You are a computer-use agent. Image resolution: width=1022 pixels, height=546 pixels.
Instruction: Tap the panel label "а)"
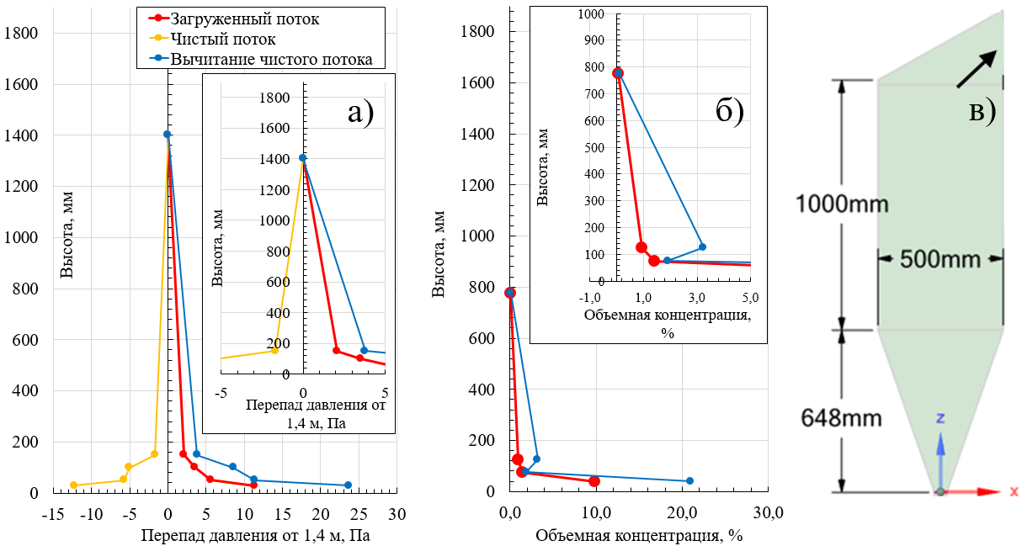359,111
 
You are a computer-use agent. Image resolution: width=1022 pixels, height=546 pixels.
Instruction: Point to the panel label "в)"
981,110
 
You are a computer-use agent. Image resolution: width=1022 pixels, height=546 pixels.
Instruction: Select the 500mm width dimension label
940,258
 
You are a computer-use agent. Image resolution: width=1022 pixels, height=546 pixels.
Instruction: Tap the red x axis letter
1013,491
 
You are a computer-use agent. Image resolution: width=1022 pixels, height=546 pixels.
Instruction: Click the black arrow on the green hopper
977,69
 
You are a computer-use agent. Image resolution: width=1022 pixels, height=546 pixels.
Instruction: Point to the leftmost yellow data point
74,485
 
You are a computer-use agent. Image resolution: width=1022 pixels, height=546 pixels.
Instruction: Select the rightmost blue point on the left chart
348,485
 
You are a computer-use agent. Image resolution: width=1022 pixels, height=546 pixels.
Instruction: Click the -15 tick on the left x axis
54,513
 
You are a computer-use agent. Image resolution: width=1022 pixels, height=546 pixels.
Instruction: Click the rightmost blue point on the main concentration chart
689,480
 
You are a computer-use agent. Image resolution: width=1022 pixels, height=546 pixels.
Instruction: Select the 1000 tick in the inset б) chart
593,14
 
